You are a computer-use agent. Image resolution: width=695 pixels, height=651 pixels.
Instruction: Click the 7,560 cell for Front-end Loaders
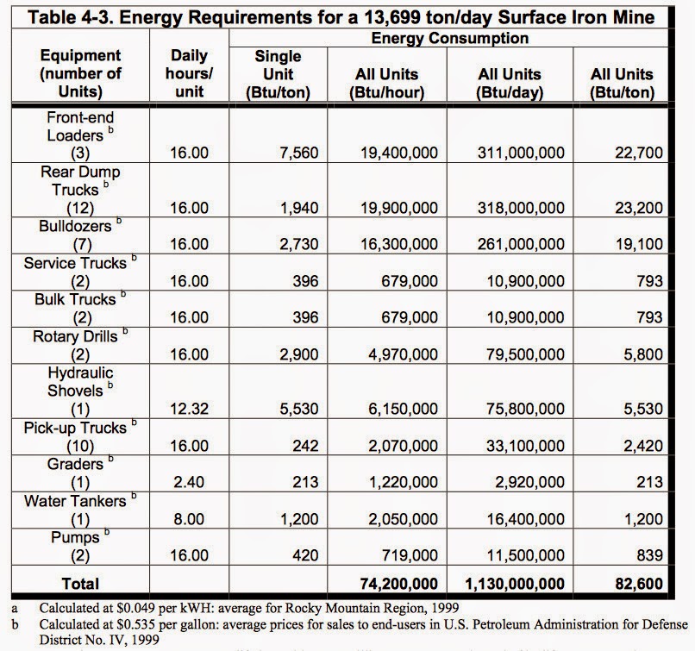click(x=299, y=153)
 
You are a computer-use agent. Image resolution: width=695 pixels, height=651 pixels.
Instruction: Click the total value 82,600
click(x=639, y=584)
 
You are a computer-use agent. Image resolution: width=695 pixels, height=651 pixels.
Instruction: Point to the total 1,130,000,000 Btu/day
click(x=515, y=584)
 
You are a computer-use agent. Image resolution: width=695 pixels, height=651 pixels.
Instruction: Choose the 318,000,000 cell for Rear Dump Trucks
click(x=523, y=208)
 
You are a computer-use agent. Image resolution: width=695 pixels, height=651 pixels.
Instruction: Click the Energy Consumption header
click(x=449, y=38)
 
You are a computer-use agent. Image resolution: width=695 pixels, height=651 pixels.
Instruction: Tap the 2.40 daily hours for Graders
click(x=190, y=481)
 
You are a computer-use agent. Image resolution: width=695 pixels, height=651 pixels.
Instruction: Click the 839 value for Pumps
click(x=650, y=555)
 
